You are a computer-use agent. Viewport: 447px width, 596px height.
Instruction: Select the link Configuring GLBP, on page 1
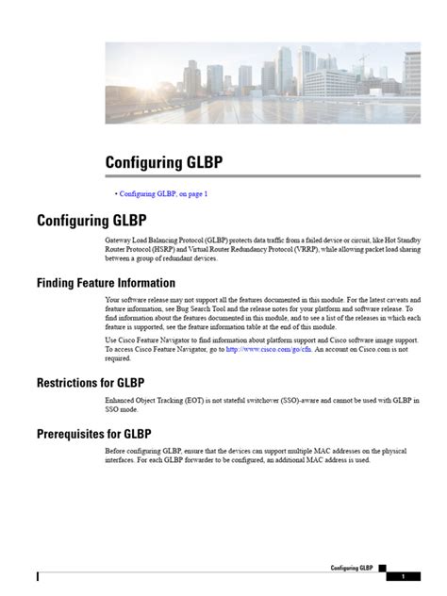(x=163, y=193)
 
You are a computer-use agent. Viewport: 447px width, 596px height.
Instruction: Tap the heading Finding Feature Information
(x=106, y=282)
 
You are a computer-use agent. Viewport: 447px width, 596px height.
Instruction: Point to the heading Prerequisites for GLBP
(x=93, y=434)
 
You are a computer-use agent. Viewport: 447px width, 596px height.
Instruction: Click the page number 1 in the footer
(x=403, y=576)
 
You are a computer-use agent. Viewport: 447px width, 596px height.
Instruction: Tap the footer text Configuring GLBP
(x=352, y=569)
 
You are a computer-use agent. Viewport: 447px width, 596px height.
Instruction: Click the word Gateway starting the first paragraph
(x=119, y=240)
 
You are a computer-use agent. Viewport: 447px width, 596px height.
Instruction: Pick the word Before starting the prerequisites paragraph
(x=116, y=451)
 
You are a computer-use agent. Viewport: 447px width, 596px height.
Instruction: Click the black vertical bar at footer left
(x=39, y=576)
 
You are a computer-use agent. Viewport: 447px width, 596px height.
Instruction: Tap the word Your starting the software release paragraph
(x=113, y=299)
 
